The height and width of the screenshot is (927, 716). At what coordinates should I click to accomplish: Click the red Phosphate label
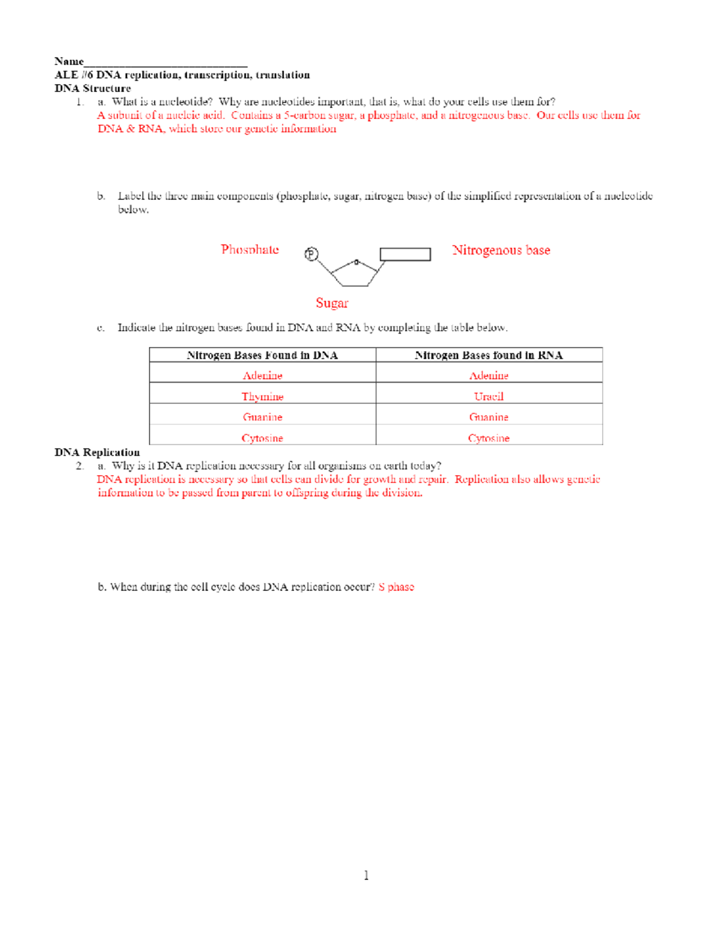coord(249,250)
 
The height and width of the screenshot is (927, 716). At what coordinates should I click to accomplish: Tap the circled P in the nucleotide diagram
coord(311,254)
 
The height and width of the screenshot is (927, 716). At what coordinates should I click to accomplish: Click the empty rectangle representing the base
coord(405,254)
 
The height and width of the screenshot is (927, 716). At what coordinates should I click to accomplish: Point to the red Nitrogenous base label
coord(501,250)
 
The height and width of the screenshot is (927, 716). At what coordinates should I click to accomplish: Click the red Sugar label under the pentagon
coord(332,303)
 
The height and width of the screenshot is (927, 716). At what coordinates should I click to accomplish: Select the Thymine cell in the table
coord(263,396)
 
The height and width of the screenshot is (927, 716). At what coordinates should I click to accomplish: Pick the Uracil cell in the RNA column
coord(489,396)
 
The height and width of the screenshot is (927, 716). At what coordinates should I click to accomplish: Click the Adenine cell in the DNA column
coord(263,375)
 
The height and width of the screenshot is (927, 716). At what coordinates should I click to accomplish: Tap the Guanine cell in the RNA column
coord(489,417)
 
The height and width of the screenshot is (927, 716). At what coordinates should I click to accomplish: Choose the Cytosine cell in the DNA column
coord(263,438)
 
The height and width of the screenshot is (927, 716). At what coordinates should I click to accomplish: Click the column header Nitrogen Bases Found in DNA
coord(263,355)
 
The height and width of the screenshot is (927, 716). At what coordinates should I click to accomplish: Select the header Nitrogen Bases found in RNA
coord(489,355)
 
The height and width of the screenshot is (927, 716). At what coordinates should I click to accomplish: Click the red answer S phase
coord(396,587)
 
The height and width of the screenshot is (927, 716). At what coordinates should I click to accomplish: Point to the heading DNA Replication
coord(97,452)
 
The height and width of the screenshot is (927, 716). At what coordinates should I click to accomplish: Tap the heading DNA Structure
coord(92,88)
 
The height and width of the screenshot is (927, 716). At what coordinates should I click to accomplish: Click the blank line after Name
coord(165,62)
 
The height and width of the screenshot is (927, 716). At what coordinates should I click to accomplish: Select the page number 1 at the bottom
coord(366,875)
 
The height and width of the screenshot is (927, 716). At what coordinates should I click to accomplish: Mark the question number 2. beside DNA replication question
coord(80,466)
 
